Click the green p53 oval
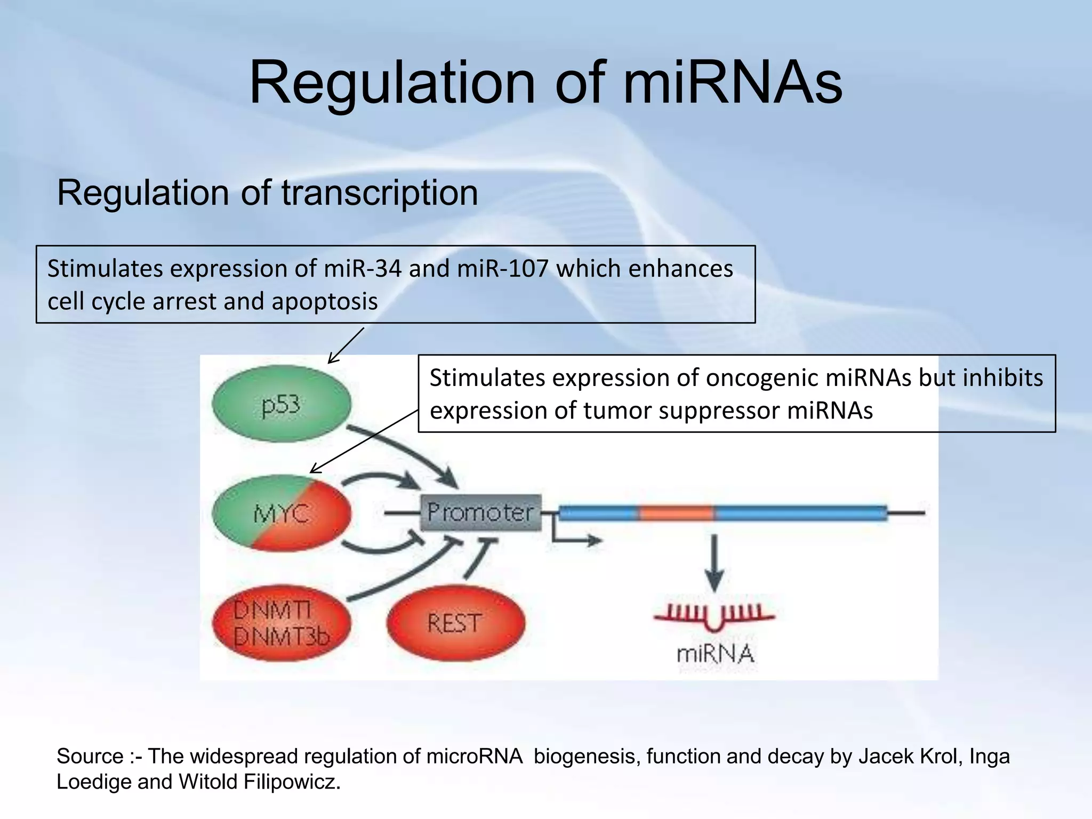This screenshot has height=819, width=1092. tap(281, 404)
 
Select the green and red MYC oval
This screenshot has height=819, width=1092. tap(281, 513)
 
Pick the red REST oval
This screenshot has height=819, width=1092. tap(455, 623)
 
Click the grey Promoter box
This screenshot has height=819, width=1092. tap(480, 512)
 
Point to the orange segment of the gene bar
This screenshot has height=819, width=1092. tap(676, 513)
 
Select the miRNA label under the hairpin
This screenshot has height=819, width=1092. tap(715, 654)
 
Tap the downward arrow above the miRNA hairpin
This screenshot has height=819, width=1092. tap(714, 563)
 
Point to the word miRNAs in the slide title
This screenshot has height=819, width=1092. tap(732, 83)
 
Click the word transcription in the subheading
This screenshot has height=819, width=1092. tap(379, 192)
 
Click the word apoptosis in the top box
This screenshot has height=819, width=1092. tap(324, 301)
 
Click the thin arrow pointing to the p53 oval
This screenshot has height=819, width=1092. tap(346, 346)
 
